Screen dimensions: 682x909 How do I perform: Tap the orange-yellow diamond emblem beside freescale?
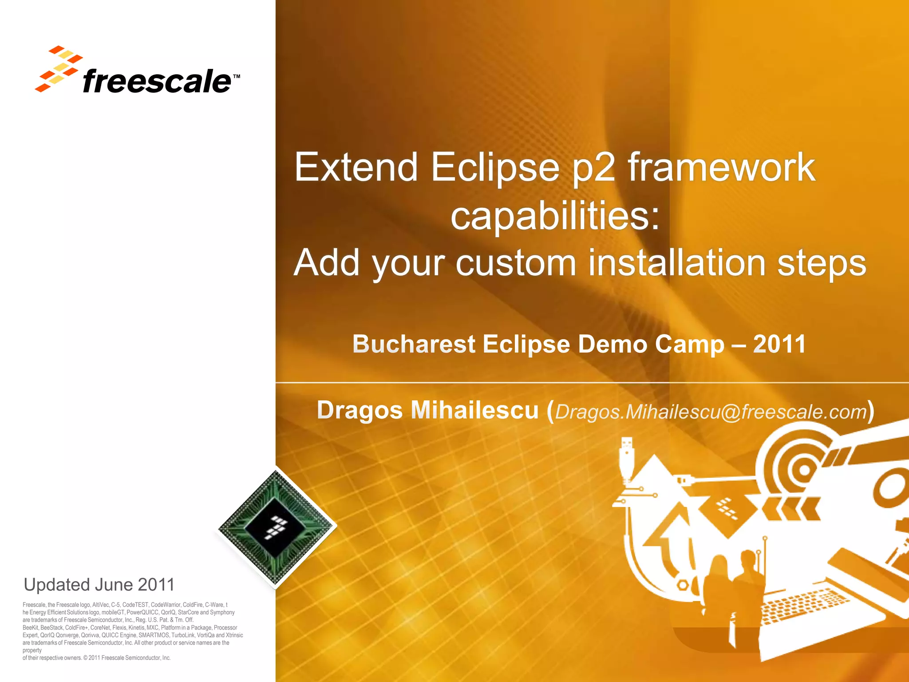click(x=59, y=69)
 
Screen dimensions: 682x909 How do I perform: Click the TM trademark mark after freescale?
click(x=236, y=77)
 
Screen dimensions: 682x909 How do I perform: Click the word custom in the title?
click(x=516, y=263)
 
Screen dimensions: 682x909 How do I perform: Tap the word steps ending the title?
click(x=821, y=263)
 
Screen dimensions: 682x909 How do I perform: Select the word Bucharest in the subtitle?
click(x=414, y=344)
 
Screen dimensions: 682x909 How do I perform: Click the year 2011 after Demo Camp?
click(x=779, y=344)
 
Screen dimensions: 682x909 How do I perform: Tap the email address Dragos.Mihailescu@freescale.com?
click(x=711, y=412)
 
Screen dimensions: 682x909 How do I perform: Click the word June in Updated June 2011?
click(x=113, y=585)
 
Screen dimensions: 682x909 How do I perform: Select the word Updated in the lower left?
click(x=57, y=585)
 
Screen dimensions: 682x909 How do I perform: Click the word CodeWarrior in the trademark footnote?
click(x=166, y=605)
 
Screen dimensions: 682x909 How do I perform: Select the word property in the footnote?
click(x=32, y=650)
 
